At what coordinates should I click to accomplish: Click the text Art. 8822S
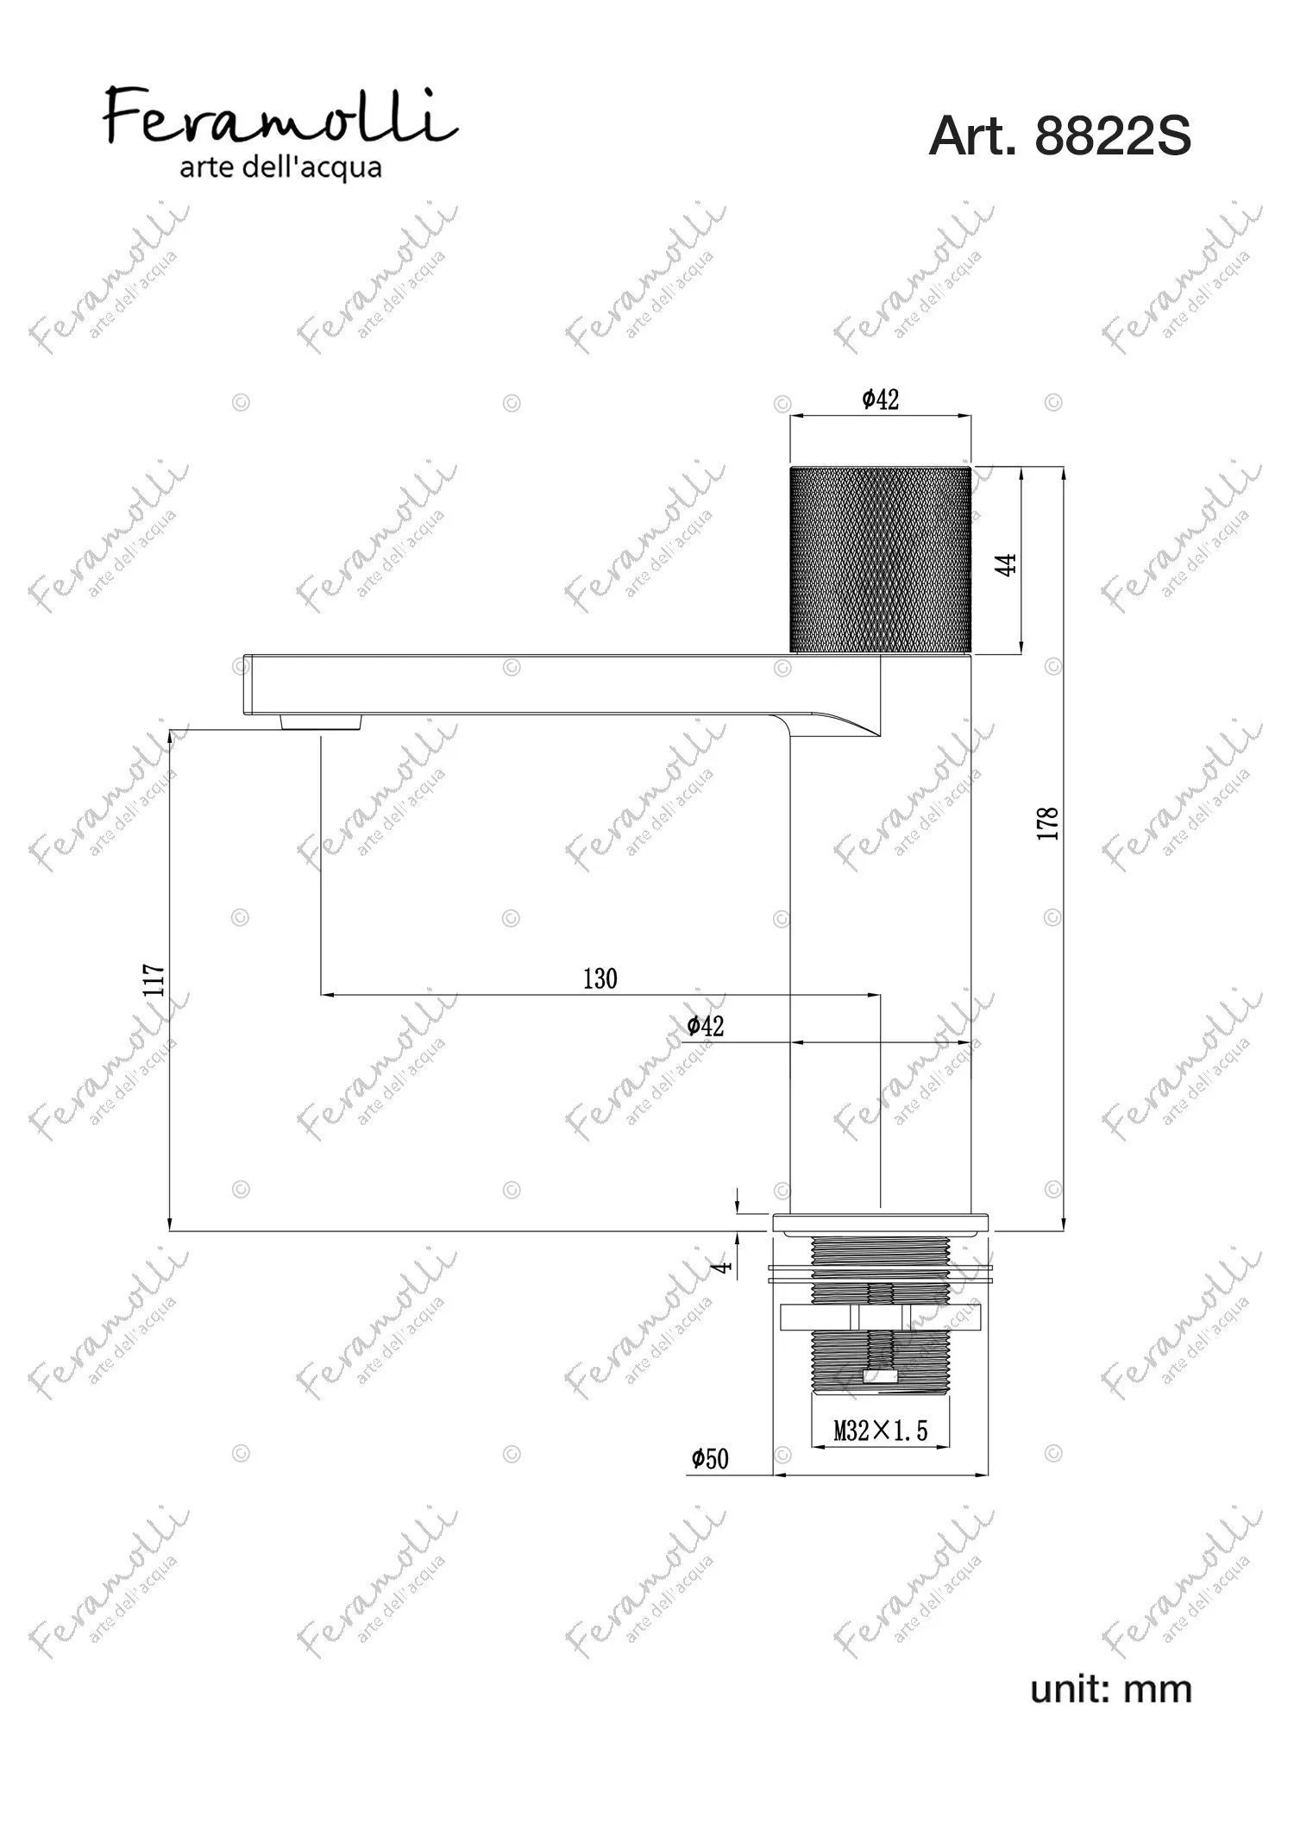point(1059,135)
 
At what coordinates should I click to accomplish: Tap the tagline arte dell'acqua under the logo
point(280,167)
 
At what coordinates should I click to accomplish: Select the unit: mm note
point(1111,1689)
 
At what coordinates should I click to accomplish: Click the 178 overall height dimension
point(1048,824)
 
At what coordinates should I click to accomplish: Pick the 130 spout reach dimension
point(600,978)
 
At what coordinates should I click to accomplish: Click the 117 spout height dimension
point(155,980)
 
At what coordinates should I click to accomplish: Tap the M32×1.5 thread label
point(881,1431)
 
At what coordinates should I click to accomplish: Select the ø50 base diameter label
point(710,1458)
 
